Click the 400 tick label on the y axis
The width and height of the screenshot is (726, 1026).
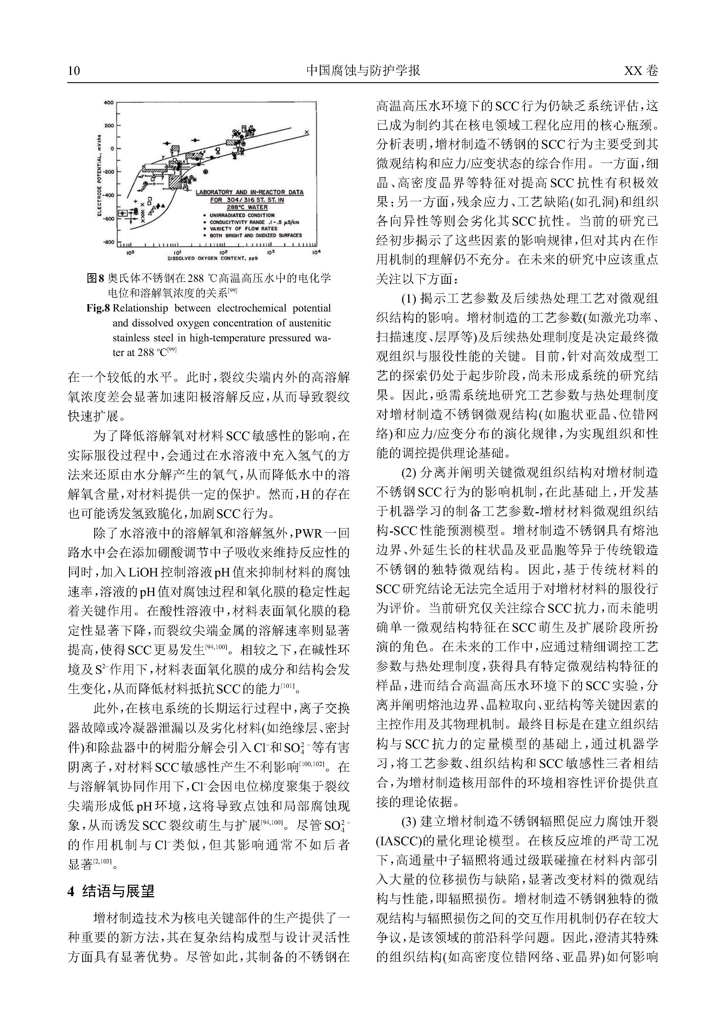(x=109, y=103)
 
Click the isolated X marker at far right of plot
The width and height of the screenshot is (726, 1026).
(x=307, y=132)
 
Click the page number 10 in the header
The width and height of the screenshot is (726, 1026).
(x=74, y=70)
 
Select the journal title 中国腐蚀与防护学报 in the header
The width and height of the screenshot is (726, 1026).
(x=363, y=70)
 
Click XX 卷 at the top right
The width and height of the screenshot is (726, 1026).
(x=641, y=70)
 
